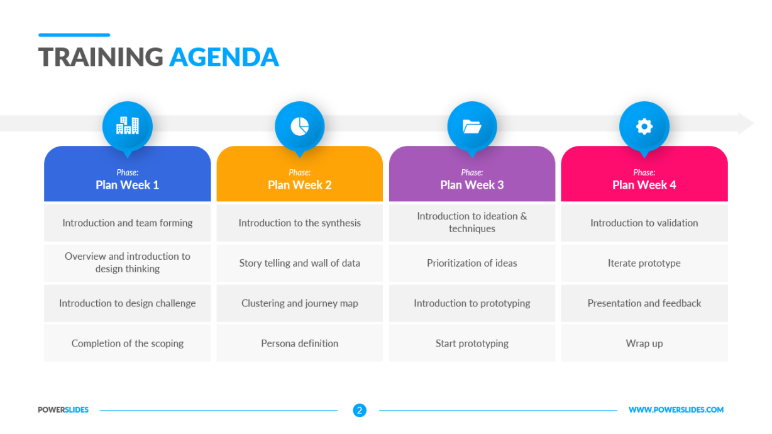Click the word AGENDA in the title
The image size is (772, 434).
click(x=224, y=57)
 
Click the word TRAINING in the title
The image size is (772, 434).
click(x=101, y=57)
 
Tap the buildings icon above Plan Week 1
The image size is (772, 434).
click(x=128, y=125)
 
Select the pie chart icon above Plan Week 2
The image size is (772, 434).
click(x=299, y=126)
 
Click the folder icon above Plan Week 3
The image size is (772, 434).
click(x=472, y=126)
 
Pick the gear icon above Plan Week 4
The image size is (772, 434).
click(x=644, y=126)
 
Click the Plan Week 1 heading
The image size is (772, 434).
click(x=127, y=185)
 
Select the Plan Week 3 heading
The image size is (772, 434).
click(x=472, y=185)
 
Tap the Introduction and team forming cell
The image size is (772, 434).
click(x=128, y=223)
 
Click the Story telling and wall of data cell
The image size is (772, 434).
click(x=299, y=263)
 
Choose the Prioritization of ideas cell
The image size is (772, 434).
click(x=472, y=263)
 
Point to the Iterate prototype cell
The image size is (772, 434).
click(x=644, y=263)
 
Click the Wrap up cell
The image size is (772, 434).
click(x=644, y=343)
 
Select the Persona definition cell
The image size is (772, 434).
click(x=299, y=343)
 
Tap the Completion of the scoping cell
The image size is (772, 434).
click(x=128, y=343)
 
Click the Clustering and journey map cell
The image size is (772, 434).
click(x=299, y=303)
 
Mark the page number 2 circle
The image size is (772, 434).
click(x=360, y=410)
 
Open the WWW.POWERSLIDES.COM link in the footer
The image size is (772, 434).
click(x=676, y=410)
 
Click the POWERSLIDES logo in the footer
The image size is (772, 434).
click(x=63, y=410)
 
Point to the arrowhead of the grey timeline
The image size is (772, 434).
click(x=746, y=123)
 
